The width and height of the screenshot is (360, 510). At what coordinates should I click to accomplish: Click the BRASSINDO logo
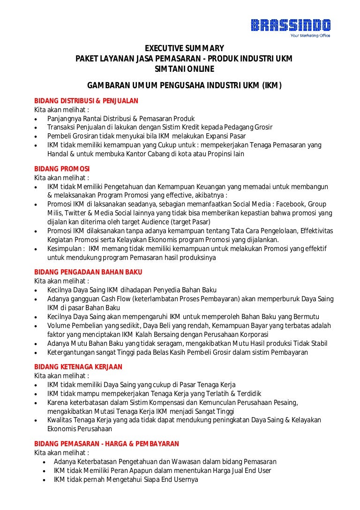pyautogui.click(x=290, y=25)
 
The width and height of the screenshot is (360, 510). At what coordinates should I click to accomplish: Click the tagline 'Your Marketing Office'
pyautogui.click(x=310, y=36)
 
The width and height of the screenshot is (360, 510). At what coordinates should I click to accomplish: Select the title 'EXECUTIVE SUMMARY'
pyautogui.click(x=184, y=48)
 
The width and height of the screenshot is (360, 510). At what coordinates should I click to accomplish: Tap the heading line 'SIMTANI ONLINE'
pyautogui.click(x=184, y=69)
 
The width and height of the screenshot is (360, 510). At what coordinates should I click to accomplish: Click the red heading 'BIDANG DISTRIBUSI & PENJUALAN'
pyautogui.click(x=86, y=101)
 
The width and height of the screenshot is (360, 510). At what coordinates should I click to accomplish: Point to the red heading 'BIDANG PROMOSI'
pyautogui.click(x=62, y=168)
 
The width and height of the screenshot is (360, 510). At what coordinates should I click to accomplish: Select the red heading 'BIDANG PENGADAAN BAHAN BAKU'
pyautogui.click(x=88, y=272)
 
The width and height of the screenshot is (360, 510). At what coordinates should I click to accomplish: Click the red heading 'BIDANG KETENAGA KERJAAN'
pyautogui.click(x=78, y=367)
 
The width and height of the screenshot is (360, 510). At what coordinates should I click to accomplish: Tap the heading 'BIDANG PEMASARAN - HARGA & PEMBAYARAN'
pyautogui.click(x=106, y=444)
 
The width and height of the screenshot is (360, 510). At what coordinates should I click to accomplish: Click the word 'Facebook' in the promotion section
pyautogui.click(x=293, y=204)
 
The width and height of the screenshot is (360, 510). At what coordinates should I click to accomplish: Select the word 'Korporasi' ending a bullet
pyautogui.click(x=254, y=335)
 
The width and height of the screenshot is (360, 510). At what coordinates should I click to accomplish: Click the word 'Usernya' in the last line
pyautogui.click(x=186, y=480)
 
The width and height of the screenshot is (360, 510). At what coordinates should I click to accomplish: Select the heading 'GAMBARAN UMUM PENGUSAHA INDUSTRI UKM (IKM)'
pyautogui.click(x=184, y=85)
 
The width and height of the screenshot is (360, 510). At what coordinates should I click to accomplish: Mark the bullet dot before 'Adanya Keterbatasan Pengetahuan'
pyautogui.click(x=44, y=462)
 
